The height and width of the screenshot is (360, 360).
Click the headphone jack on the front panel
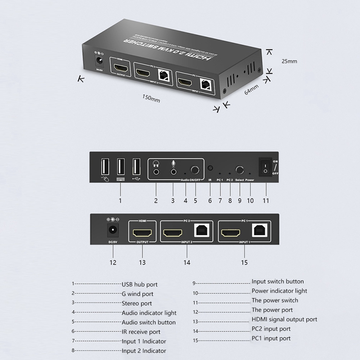click(x=156, y=170)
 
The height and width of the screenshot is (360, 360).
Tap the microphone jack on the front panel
click(x=173, y=170)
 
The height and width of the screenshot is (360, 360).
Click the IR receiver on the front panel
click(x=210, y=169)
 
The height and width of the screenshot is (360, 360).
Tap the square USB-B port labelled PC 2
click(x=200, y=230)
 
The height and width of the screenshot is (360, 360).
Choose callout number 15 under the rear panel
click(x=244, y=262)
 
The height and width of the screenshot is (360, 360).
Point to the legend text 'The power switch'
click(x=274, y=300)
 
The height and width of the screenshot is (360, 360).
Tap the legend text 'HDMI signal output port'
click(x=284, y=319)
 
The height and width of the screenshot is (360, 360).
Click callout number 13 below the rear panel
click(x=142, y=262)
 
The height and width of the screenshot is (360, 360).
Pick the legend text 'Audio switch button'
click(x=148, y=322)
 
